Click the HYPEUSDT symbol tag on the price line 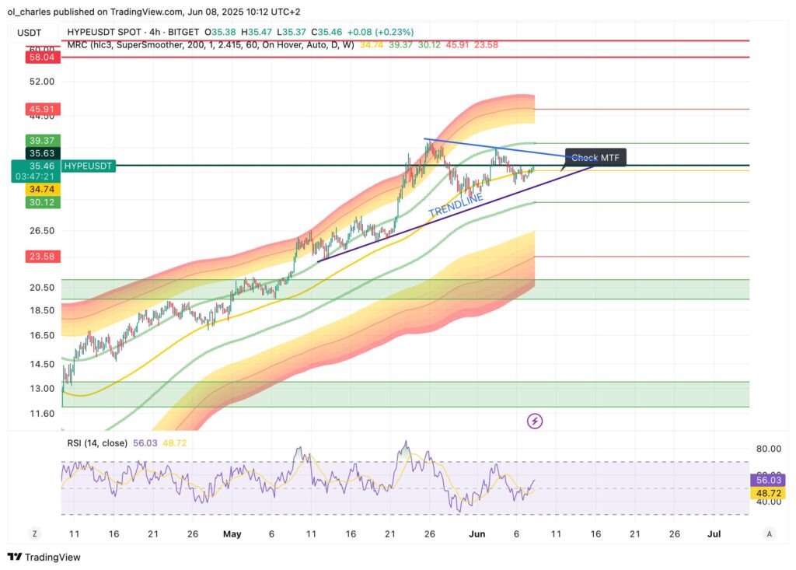click(89, 166)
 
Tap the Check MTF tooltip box click(595, 158)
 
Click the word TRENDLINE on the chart click(456, 201)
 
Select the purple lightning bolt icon click(535, 421)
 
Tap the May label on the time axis click(232, 534)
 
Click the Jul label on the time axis click(714, 534)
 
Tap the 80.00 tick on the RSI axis click(767, 449)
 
